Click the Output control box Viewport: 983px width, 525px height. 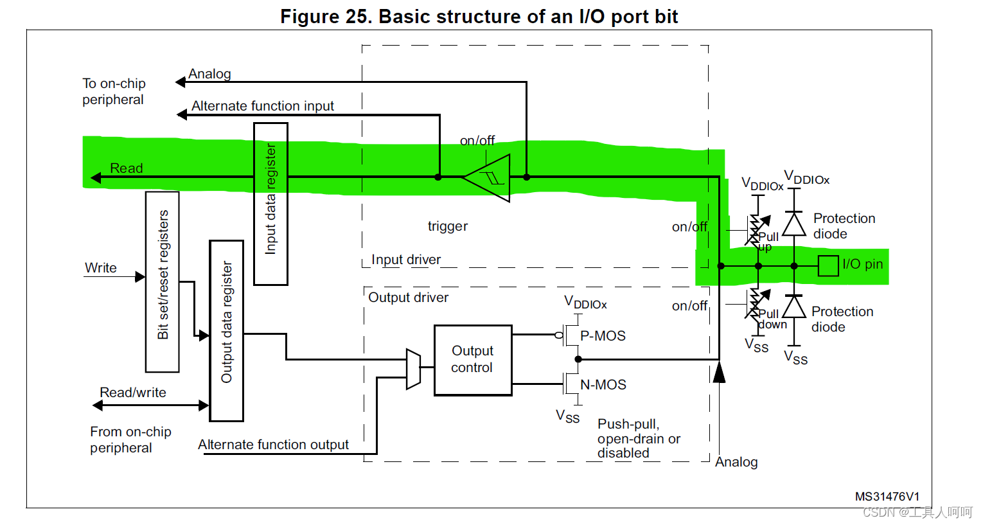tap(473, 360)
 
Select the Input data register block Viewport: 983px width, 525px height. tap(270, 204)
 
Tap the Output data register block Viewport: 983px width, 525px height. tap(226, 331)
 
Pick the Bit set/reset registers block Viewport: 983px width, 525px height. tap(163, 282)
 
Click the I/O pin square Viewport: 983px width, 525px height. tap(828, 266)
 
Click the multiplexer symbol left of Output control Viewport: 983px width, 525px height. tap(413, 369)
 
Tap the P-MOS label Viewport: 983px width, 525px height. tap(603, 336)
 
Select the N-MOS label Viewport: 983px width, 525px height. tap(603, 384)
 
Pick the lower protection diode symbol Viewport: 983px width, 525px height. tap(794, 307)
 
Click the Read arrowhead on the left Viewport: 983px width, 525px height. tap(96, 177)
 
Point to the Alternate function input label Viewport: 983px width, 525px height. tap(262, 106)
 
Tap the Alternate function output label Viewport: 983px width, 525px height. tap(273, 445)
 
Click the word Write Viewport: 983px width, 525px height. tap(101, 268)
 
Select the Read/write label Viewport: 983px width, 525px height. tap(133, 393)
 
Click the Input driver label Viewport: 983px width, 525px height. tap(406, 260)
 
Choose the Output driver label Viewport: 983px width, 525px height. tap(408, 297)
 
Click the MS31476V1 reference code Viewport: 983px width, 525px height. tap(887, 497)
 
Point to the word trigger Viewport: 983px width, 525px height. tap(448, 226)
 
